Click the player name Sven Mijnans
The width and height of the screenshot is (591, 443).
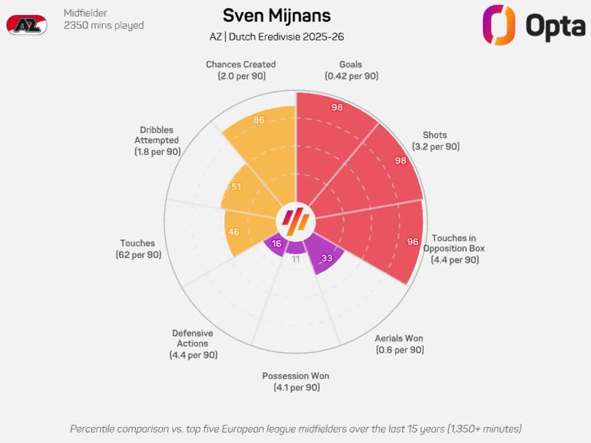tap(276, 16)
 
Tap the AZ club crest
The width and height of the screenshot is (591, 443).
tap(27, 25)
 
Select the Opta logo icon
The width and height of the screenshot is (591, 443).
tap(498, 25)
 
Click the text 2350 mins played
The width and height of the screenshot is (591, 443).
tap(104, 25)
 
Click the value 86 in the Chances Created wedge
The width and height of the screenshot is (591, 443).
tap(259, 120)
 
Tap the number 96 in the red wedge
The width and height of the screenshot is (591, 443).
tap(413, 242)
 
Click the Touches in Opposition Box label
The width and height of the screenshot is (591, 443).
tap(454, 249)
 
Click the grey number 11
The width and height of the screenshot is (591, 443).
tap(296, 259)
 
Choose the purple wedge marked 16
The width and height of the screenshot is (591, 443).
tap(274, 245)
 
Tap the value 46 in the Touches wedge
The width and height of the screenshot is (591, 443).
tap(233, 232)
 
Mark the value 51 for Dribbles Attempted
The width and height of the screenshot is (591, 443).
tap(236, 186)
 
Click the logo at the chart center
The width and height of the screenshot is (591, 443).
tap(296, 221)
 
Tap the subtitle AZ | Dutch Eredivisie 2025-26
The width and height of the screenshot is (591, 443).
tap(276, 37)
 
